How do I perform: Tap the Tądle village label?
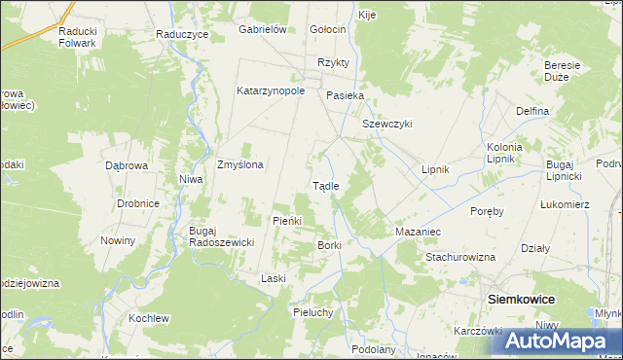pyautogui.click(x=325, y=186)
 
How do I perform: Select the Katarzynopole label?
pyautogui.click(x=271, y=91)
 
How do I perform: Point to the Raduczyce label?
pyautogui.click(x=183, y=33)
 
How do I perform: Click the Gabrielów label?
pyautogui.click(x=262, y=29)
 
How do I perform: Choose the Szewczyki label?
pyautogui.click(x=387, y=124)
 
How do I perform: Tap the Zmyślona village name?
pyautogui.click(x=239, y=164)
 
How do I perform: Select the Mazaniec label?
pyautogui.click(x=419, y=233)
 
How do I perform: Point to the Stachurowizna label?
pyautogui.click(x=460, y=257)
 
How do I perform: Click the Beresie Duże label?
pyautogui.click(x=562, y=71)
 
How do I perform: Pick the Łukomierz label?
pyautogui.click(x=565, y=204)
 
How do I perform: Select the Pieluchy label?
pyautogui.click(x=313, y=312)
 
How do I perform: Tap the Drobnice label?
pyautogui.click(x=137, y=203)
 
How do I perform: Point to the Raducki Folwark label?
pyautogui.click(x=77, y=36)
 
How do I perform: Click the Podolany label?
pyautogui.click(x=374, y=349)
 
